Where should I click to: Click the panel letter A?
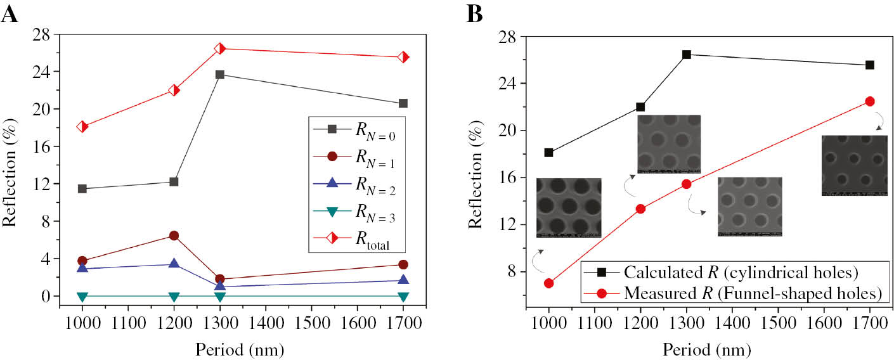coord(10,13)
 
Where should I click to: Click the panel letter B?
coord(475,13)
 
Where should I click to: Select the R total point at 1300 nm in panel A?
coord(220,49)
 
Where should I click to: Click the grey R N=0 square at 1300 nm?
coord(220,75)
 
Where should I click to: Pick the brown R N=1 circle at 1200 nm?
coord(174,236)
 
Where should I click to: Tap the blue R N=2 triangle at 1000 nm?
coord(82,268)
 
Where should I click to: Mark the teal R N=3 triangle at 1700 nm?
coord(403,297)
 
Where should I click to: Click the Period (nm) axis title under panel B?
coord(708,349)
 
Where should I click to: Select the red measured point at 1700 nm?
coord(870,101)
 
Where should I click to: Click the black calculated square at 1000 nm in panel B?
coord(548,153)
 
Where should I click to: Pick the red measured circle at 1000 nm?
coord(548,283)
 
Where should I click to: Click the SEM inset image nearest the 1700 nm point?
coord(854,165)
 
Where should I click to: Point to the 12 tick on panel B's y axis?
coord(512,225)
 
